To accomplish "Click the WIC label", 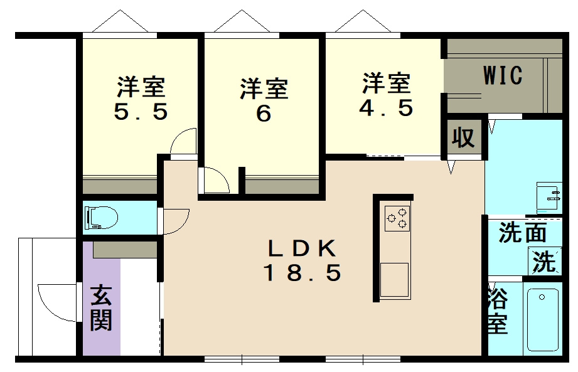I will (x=503, y=75).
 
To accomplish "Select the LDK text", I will (x=302, y=249).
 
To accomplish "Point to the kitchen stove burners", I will (x=397, y=218).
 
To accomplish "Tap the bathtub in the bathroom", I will (x=543, y=319).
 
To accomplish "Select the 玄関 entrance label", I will (x=100, y=307).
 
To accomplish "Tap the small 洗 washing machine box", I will (x=545, y=261).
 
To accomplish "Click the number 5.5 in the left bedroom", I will (x=141, y=112).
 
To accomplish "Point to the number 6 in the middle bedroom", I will (x=264, y=115).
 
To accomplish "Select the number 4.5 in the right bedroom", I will (x=386, y=108).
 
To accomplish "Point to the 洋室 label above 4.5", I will (x=386, y=83).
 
